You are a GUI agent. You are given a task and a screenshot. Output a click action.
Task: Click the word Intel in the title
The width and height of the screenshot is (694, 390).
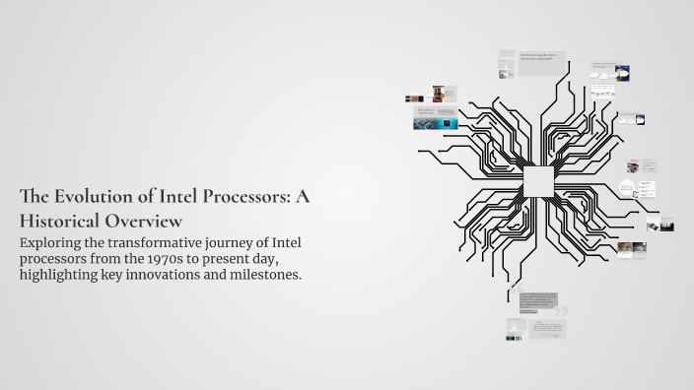point(181,196)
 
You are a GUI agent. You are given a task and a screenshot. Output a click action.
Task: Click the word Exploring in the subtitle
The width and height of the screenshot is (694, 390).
point(55,242)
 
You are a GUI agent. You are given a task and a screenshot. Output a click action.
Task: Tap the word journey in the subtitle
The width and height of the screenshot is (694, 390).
point(235,243)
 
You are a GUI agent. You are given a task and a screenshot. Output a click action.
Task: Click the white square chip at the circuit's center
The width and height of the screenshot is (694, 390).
point(538,181)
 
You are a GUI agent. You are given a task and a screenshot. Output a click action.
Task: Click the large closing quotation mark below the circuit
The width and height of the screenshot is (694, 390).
point(563,313)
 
